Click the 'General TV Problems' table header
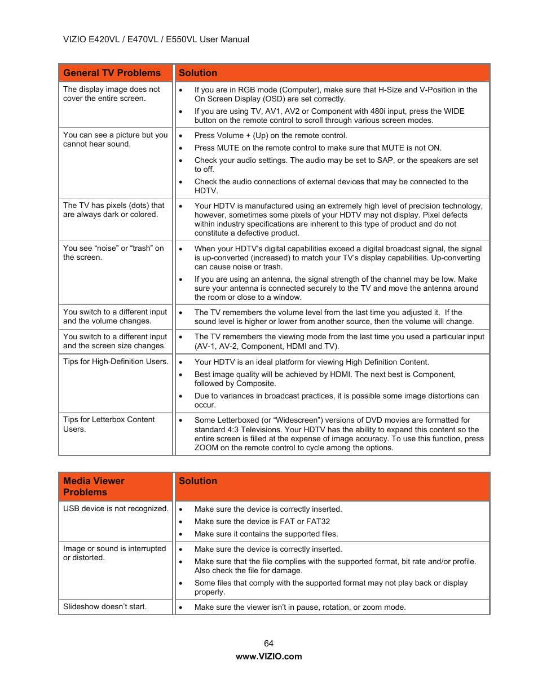click(112, 73)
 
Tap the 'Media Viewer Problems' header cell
click(94, 486)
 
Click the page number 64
click(268, 643)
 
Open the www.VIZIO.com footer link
click(268, 657)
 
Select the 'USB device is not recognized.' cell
click(116, 508)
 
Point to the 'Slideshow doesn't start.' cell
click(105, 606)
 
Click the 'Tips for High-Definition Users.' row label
click(116, 361)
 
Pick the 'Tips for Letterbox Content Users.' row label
click(109, 424)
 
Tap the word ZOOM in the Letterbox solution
click(206, 447)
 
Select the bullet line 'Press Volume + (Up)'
click(271, 135)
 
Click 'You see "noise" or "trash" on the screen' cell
click(113, 252)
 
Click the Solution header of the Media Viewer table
click(198, 481)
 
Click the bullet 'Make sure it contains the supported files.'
click(266, 534)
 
